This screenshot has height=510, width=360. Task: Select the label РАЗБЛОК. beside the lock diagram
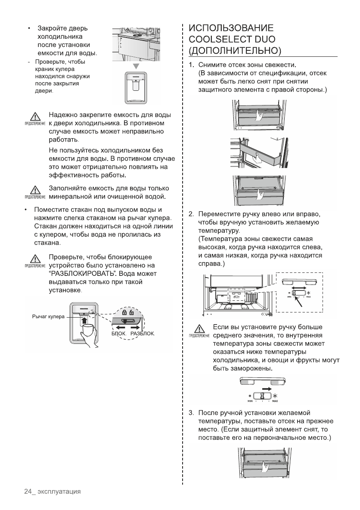point(142,334)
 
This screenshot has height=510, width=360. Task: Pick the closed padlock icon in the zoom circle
point(124,313)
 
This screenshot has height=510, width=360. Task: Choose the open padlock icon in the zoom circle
point(131,313)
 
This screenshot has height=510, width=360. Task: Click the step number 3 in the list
point(191,413)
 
